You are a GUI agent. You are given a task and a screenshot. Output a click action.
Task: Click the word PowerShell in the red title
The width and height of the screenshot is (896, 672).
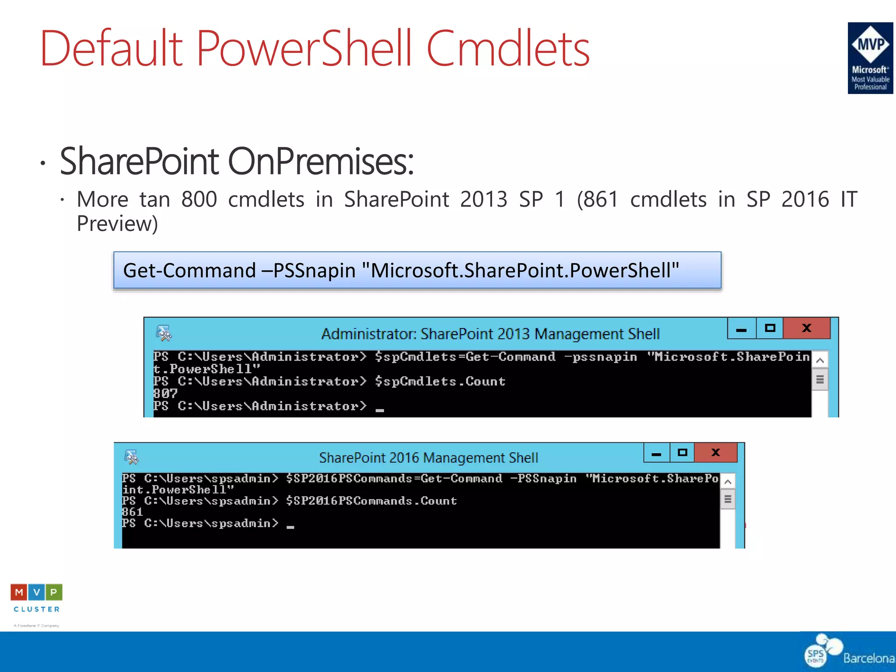[304, 48]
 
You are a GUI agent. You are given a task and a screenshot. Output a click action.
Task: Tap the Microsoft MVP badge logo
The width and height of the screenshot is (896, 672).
[870, 58]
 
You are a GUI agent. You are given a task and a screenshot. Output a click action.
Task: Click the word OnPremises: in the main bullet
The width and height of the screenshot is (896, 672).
[321, 161]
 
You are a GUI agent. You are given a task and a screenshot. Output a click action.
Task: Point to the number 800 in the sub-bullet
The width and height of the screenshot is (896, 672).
[199, 199]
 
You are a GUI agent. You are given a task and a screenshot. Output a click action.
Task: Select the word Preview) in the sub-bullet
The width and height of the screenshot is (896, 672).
[117, 224]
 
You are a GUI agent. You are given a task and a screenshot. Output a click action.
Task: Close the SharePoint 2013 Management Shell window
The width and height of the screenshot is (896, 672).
[806, 328]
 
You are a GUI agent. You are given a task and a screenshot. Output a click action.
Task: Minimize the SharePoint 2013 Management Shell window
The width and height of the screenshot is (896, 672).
[741, 329]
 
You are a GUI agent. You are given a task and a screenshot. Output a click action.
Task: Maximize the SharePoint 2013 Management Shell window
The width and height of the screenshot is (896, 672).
[770, 328]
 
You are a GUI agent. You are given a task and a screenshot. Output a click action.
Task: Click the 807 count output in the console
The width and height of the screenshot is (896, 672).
[165, 393]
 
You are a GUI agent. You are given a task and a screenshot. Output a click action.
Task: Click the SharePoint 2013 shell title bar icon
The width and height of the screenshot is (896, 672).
[164, 333]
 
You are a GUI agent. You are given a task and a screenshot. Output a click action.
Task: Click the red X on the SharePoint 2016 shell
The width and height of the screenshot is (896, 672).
[715, 452]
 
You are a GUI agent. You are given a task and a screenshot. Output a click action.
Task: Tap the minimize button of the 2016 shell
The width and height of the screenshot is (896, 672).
[656, 453]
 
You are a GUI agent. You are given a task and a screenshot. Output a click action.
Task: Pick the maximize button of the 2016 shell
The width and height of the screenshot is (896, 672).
[682, 452]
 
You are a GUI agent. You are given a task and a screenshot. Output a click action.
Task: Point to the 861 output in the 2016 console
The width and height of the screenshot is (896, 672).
[132, 511]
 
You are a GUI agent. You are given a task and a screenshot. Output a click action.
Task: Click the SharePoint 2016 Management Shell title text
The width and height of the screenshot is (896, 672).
[428, 458]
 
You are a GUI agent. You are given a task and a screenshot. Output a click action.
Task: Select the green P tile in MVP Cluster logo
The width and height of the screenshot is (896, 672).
[53, 592]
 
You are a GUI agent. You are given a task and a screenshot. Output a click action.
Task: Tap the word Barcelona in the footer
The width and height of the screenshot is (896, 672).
[868, 658]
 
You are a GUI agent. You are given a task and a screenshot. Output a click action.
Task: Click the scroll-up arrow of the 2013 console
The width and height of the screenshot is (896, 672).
[820, 360]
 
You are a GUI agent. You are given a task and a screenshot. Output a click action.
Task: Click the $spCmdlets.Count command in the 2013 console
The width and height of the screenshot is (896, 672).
[440, 381]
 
